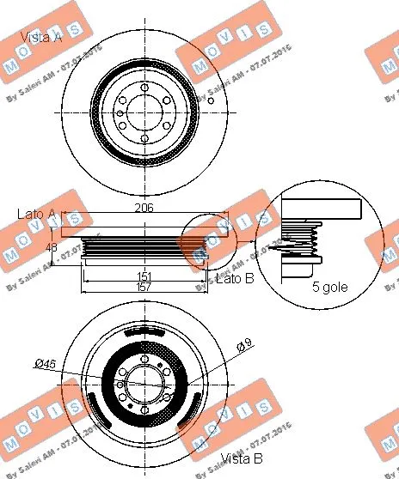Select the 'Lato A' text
35,213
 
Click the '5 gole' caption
329,287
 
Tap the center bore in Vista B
143,385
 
